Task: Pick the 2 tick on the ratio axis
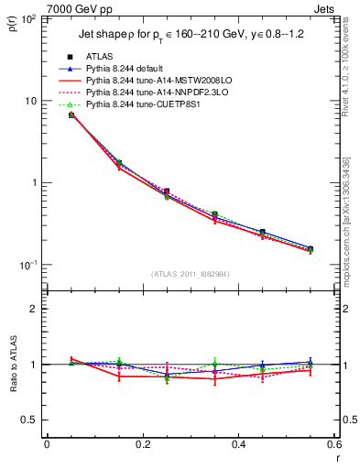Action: point(35,309)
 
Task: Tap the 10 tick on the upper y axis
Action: point(32,101)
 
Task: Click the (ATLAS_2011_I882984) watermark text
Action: point(191,274)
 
